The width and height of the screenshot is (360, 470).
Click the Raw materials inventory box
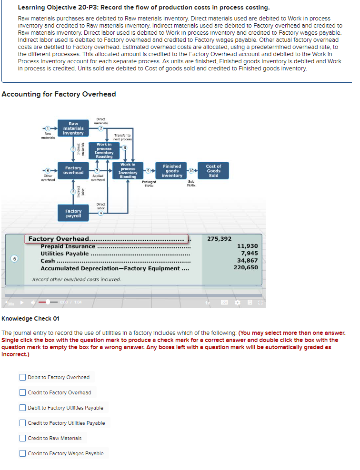coord(73,128)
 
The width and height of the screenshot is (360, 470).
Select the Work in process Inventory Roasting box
coord(104,150)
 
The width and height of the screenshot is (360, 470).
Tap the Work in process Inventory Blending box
coord(128,171)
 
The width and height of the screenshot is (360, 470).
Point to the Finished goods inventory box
coord(172,171)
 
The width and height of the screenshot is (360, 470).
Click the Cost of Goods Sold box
coord(213,171)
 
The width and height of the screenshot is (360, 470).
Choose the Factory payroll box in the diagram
coord(73,214)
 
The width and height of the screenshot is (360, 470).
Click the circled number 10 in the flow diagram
coord(191,170)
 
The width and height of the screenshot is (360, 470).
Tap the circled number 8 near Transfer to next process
coord(124,147)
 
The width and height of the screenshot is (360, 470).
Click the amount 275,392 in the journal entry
coord(220,239)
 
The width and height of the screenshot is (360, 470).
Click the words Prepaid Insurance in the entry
coord(68,246)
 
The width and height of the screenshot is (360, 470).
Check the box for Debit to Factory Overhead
coord(22,377)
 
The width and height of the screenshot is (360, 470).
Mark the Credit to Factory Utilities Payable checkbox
coord(22,423)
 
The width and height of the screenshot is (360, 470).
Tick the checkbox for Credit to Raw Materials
coord(22,438)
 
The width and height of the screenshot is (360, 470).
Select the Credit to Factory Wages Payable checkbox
coord(22,453)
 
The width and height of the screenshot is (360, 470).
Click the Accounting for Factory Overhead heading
coord(59,94)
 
